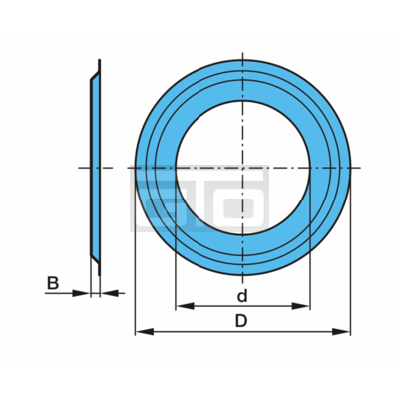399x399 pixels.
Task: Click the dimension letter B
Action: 53,283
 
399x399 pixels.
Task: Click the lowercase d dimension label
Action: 242,295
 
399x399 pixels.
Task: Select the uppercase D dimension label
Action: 241,321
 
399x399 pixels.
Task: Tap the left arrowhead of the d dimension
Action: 185,306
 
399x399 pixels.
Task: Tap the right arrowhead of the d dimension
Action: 301,306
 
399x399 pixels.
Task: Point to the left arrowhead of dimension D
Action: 145,331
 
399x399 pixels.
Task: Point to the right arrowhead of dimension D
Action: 341,331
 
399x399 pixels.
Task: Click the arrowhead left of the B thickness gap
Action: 81,293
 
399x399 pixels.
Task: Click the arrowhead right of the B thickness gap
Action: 109,293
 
